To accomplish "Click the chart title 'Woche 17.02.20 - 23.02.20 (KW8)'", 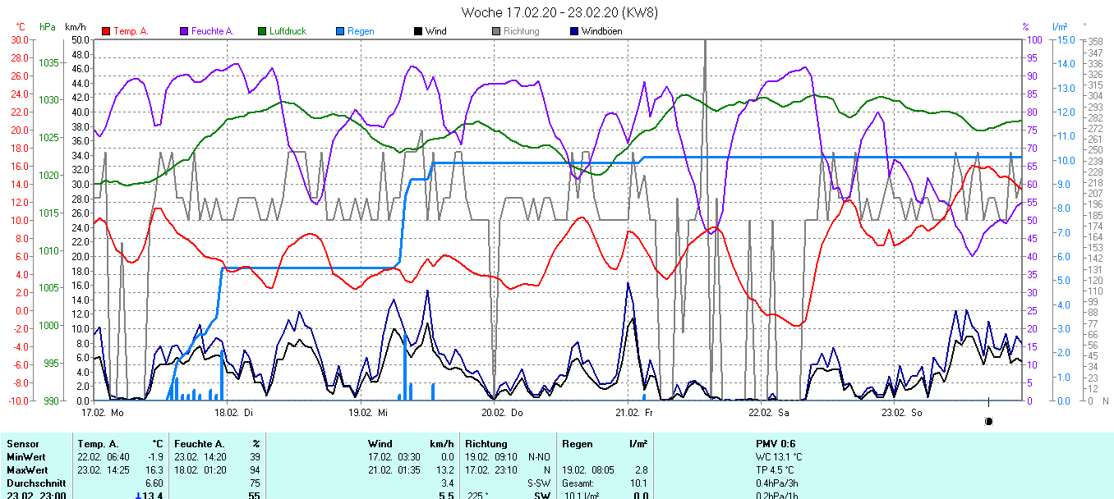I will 559,12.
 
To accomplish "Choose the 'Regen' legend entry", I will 360,31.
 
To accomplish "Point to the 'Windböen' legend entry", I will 601,31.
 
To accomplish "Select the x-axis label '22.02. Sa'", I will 768,412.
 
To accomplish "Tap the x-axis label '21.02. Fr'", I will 635,412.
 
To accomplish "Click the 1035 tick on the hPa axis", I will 48,62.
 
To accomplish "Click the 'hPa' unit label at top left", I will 48,27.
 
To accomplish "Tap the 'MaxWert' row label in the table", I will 25,470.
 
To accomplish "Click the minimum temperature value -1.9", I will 155,457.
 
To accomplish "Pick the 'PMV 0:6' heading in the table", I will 776,444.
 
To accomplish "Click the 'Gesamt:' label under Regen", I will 578,483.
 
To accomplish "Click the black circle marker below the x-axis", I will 988,421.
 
